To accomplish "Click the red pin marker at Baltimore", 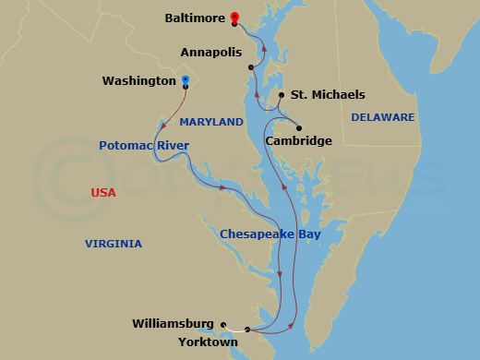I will pyautogui.click(x=235, y=18).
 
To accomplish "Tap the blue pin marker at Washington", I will pyautogui.click(x=186, y=81).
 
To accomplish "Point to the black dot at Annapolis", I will pyautogui.click(x=251, y=67).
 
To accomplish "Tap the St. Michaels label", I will pyautogui.click(x=328, y=95).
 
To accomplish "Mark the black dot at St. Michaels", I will pyautogui.click(x=282, y=95).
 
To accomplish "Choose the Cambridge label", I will pyautogui.click(x=298, y=141).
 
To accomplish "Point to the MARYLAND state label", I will pyautogui.click(x=211, y=122).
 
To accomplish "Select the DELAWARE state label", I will pyautogui.click(x=383, y=117).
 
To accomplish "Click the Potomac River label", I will pyautogui.click(x=144, y=146).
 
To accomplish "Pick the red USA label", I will pyautogui.click(x=103, y=192).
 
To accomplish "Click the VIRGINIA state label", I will pyautogui.click(x=114, y=244).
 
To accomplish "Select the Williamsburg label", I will pyautogui.click(x=174, y=324).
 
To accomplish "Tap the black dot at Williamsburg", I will pyautogui.click(x=223, y=324).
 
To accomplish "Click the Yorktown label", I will pyautogui.click(x=210, y=342).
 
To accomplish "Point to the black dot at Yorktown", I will pyautogui.click(x=247, y=330).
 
